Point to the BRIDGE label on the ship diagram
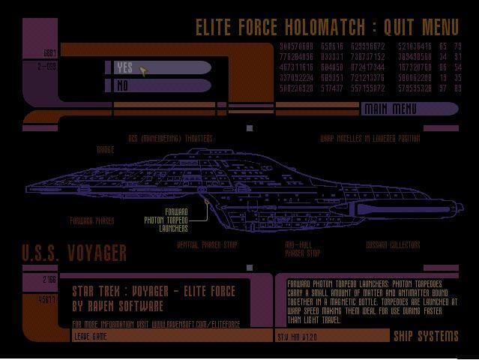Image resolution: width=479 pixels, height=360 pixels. (x=105, y=150)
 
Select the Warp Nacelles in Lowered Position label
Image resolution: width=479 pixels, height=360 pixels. (x=370, y=139)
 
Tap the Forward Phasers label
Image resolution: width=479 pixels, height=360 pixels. (x=91, y=221)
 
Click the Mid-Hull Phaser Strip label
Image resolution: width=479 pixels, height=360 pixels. (x=303, y=248)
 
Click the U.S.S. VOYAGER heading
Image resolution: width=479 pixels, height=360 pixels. (x=73, y=253)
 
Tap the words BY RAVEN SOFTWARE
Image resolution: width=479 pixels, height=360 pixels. (x=118, y=306)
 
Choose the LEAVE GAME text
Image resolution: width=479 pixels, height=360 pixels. (x=90, y=337)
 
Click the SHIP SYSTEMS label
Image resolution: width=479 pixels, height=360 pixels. (x=424, y=335)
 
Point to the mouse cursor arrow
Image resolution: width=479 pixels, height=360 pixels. (x=143, y=70)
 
